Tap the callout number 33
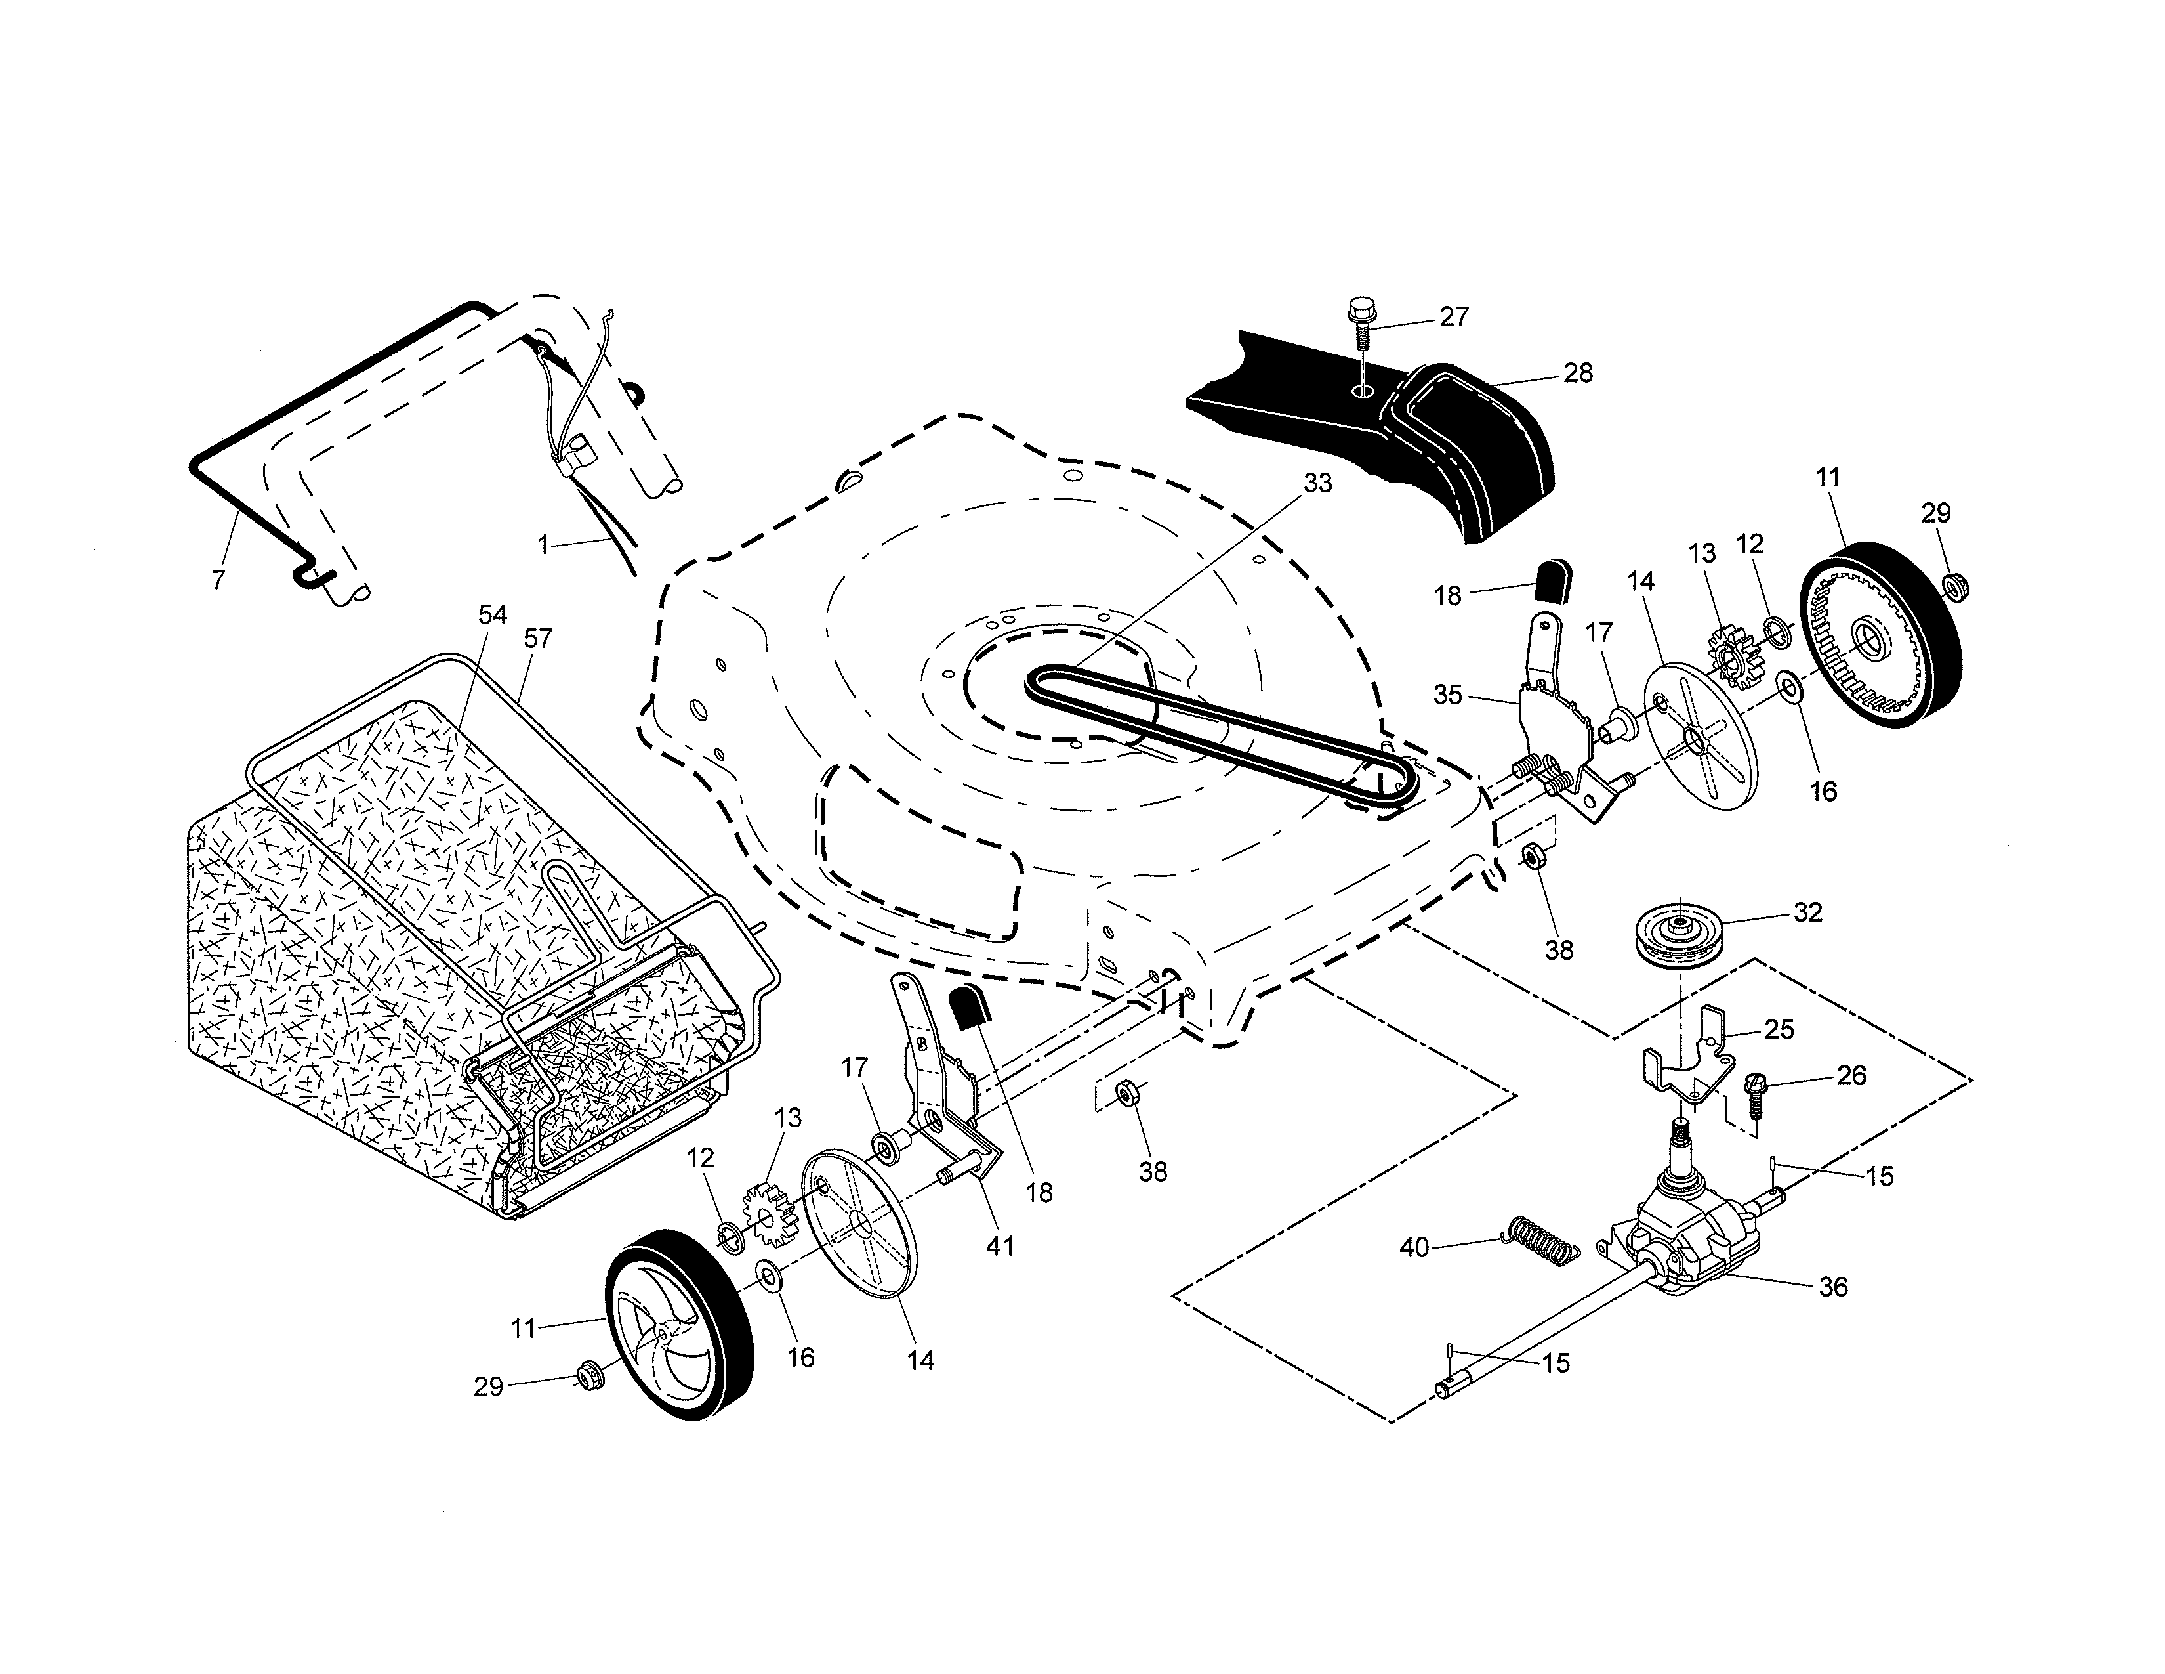1317,484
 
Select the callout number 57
537,639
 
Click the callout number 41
999,1245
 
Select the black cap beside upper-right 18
1552,580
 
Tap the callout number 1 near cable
543,544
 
